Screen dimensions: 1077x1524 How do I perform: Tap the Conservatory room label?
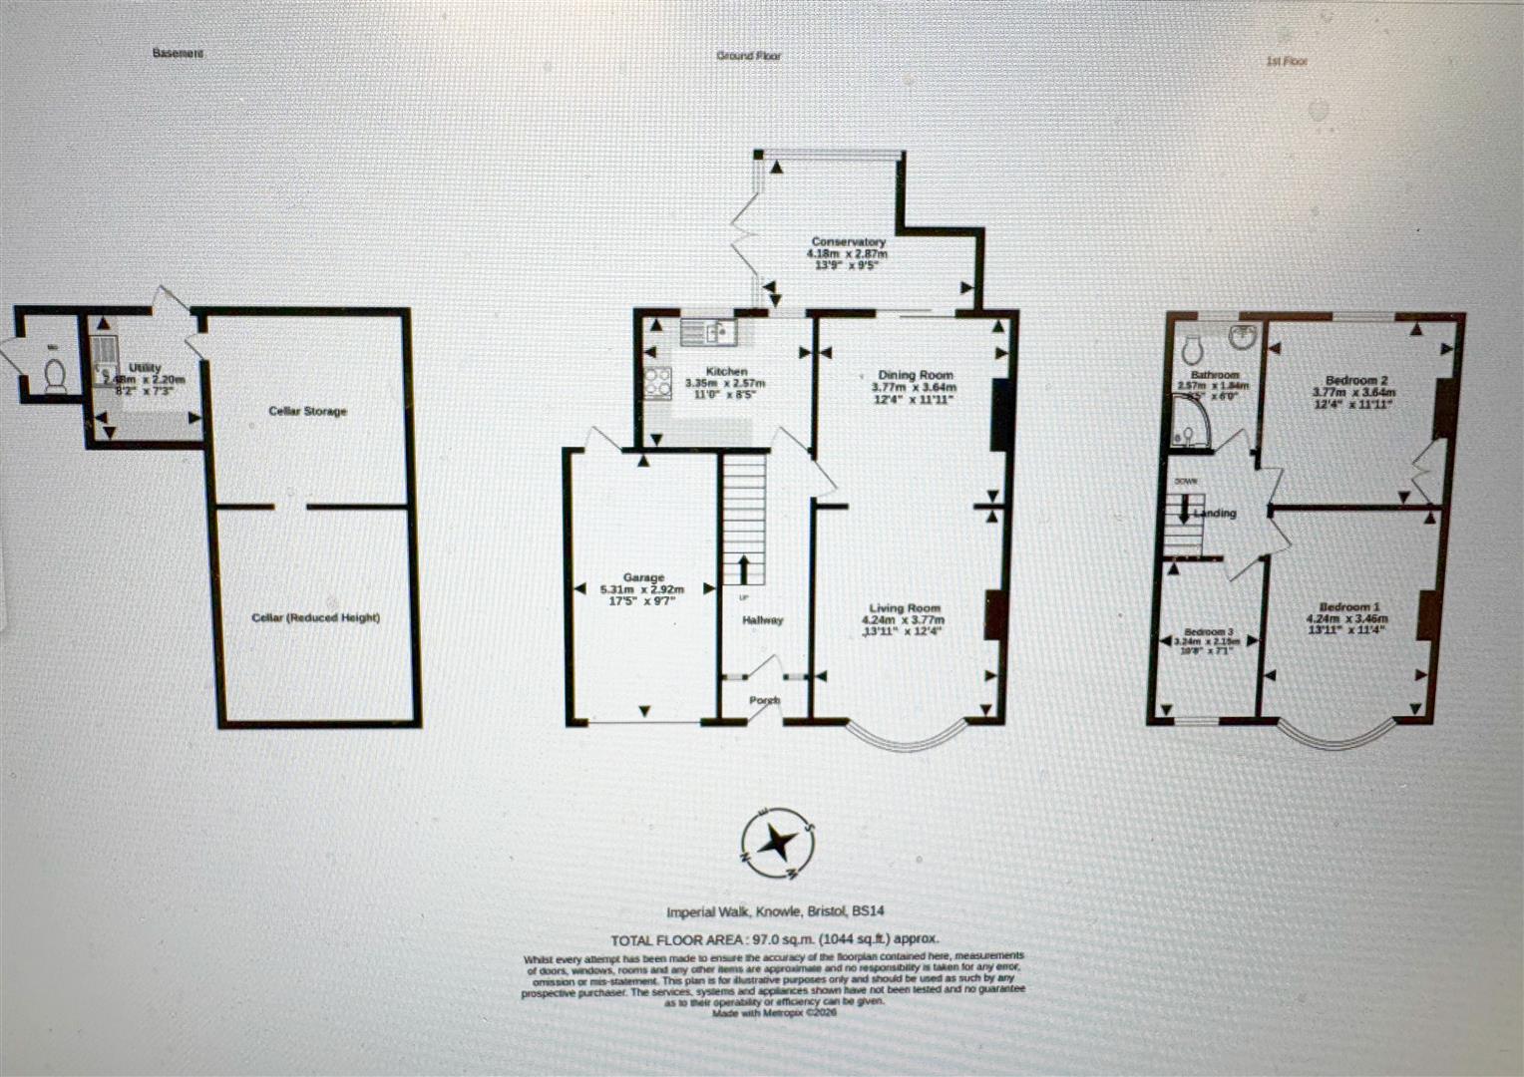point(848,242)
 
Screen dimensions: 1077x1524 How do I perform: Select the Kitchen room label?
point(726,371)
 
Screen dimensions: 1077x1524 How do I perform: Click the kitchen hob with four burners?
point(658,381)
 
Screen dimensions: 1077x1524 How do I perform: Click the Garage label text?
point(643,577)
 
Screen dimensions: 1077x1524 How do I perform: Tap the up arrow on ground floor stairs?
point(743,569)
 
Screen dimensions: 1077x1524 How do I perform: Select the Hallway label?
point(763,620)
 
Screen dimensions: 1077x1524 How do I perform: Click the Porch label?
point(764,701)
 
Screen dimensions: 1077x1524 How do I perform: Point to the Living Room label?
point(905,608)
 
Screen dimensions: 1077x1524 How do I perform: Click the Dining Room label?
point(916,375)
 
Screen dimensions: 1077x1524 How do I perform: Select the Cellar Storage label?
point(307,411)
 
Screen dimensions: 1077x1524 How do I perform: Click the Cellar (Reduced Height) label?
point(315,617)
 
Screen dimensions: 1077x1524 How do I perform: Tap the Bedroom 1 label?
point(1349,607)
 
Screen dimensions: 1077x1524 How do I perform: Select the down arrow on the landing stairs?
point(1183,511)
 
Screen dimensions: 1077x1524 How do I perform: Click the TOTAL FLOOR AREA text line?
point(775,939)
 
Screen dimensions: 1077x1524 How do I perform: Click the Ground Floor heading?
point(748,56)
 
